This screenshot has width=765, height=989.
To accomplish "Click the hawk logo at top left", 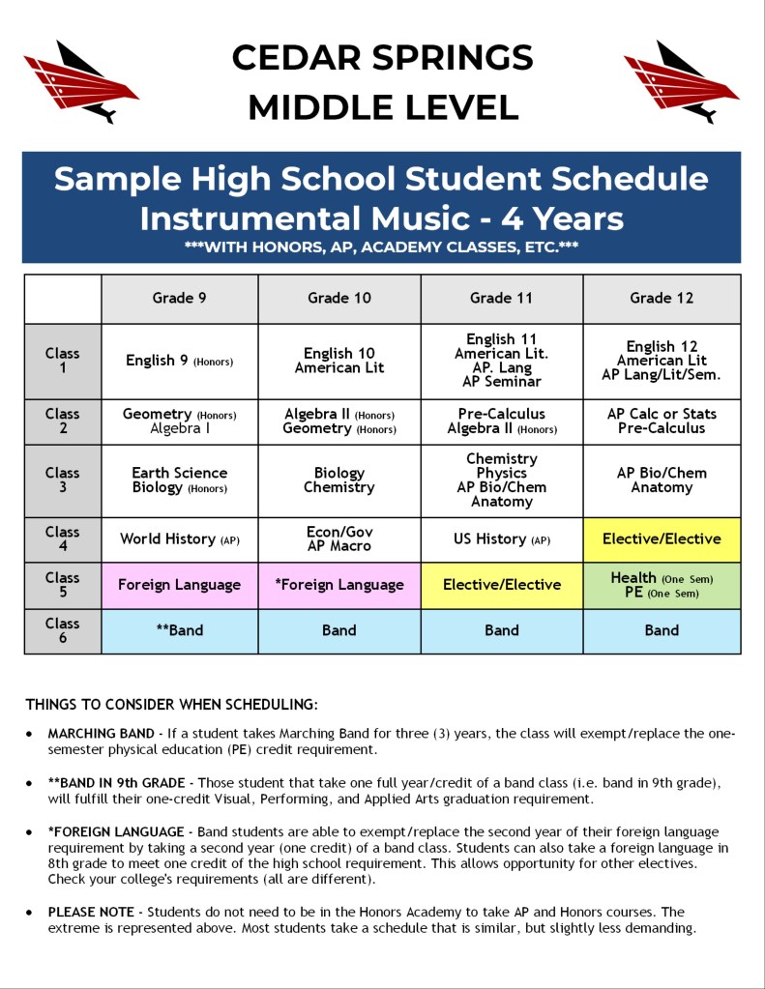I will click(79, 81).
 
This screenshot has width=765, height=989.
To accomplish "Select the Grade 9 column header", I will click(179, 298).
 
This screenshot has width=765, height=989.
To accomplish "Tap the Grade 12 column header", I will click(662, 298).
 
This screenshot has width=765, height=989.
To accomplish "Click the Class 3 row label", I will click(63, 480).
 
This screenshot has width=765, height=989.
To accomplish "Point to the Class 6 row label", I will click(63, 630).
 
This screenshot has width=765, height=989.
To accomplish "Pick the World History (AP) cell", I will click(179, 539).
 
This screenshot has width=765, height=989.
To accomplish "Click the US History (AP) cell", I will click(501, 539).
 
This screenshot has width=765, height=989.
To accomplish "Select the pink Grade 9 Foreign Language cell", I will click(179, 585).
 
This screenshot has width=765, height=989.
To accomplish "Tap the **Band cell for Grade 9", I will click(179, 630).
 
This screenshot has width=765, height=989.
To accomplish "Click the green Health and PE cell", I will click(662, 585).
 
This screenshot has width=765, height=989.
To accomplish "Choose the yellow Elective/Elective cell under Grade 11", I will click(501, 585).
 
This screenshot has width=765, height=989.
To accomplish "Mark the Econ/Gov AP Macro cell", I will click(338, 539).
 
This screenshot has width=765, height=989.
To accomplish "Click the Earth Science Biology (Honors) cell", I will click(179, 480).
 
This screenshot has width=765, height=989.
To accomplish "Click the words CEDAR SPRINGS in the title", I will click(382, 58).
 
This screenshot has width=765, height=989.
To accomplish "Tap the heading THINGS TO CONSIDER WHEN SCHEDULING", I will click(171, 704).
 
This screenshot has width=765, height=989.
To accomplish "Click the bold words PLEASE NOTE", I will click(93, 912).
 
